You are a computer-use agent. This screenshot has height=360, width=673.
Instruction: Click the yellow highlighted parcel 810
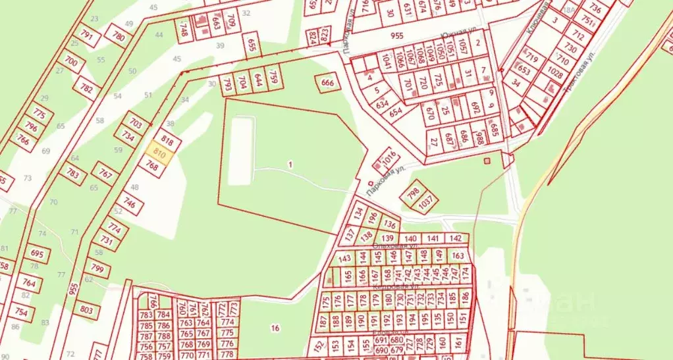tap(160, 153)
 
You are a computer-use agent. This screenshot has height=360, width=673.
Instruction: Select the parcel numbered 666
tap(328, 83)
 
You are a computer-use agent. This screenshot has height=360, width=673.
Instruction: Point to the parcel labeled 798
tap(413, 193)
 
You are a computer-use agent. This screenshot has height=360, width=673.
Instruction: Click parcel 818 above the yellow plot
tap(167, 140)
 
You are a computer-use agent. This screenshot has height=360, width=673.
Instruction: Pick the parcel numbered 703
tap(136, 123)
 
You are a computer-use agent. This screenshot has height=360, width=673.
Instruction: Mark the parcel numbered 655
tap(251, 44)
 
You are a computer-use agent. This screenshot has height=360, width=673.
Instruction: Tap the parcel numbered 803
tap(86, 309)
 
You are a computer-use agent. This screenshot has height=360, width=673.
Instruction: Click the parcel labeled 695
tap(37, 254)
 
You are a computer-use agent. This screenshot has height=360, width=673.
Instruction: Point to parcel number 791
tap(86, 34)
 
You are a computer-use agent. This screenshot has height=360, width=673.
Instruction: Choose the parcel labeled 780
tap(119, 36)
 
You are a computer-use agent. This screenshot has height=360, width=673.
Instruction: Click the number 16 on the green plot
tap(275, 328)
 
